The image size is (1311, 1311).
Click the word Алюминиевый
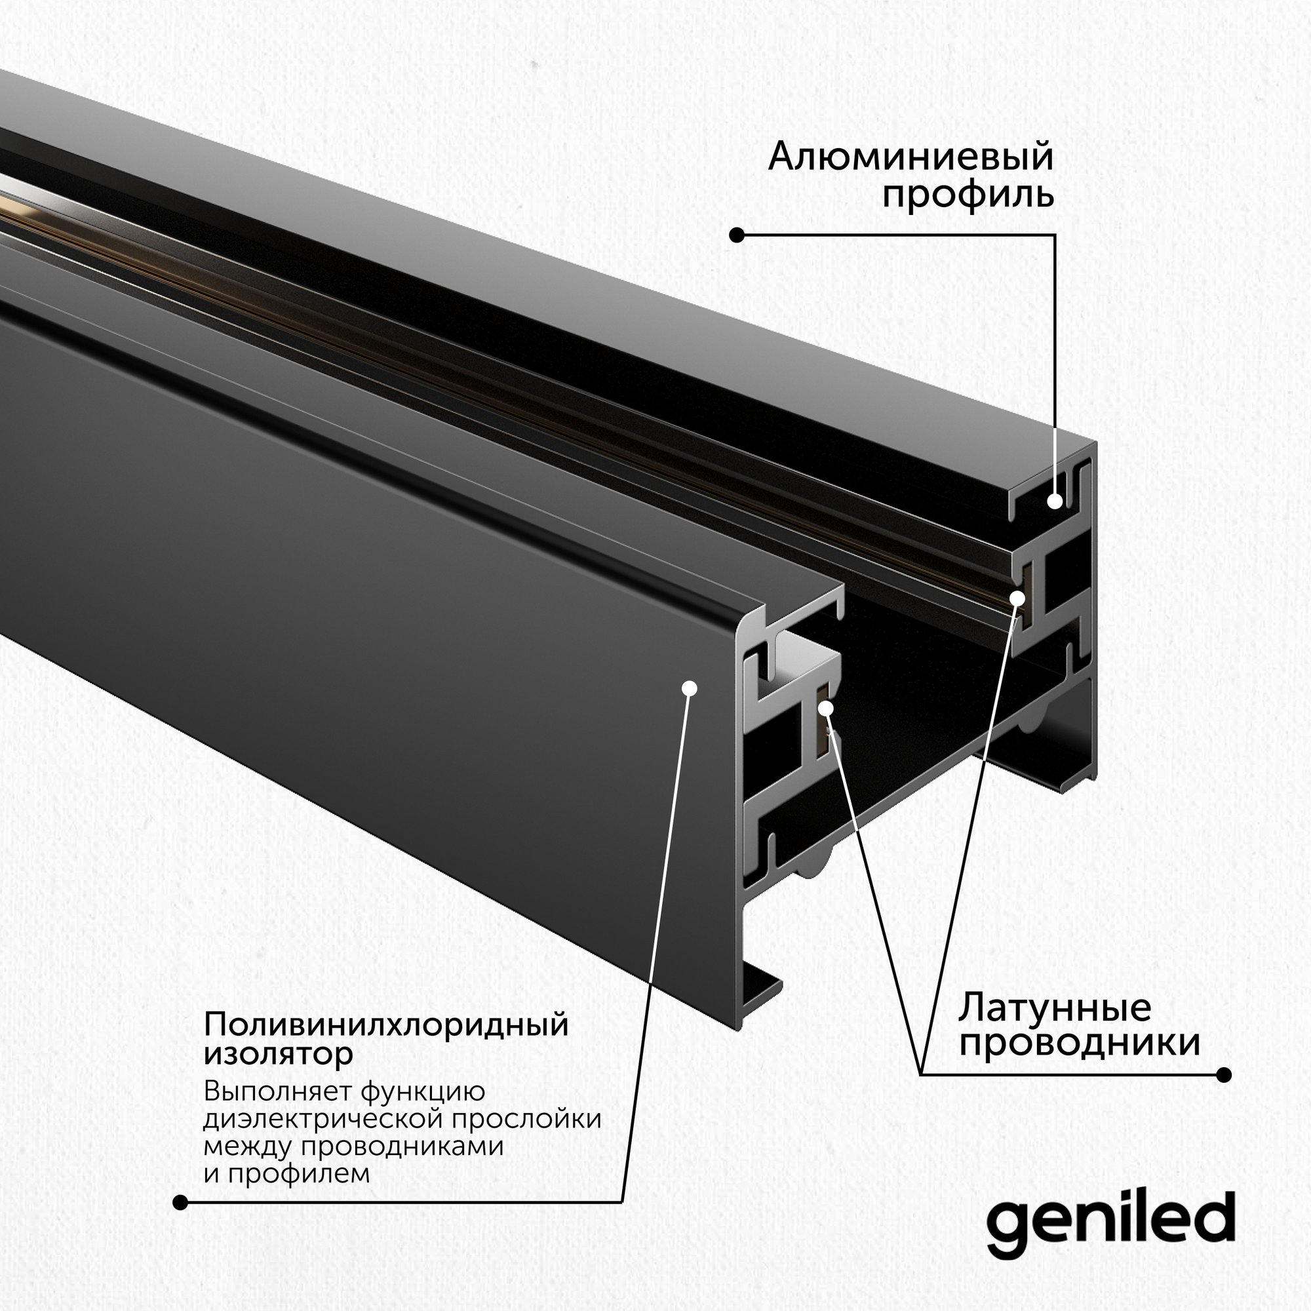pos(910,157)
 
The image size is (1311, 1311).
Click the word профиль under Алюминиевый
pos(968,195)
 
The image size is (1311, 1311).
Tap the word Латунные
pos(1055,1008)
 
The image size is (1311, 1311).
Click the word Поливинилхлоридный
pos(385,1025)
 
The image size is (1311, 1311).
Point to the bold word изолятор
pos(278,1054)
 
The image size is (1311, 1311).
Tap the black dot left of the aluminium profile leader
pos(737,235)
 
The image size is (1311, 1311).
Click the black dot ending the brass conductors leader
pos(1224,1075)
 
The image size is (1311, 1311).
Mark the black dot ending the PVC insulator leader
pos(180,1202)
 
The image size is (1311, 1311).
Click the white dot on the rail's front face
pos(690,688)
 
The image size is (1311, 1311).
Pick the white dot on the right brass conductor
pos(1017,598)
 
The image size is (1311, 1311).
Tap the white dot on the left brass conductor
pos(826,709)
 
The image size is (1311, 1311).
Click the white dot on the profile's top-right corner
pos(1055,501)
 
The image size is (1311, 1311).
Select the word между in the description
pos(248,1146)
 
